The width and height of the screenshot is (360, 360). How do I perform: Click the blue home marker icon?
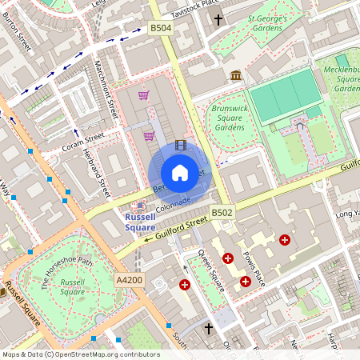coord(180,172)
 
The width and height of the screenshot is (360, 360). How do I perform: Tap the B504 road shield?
coord(161,28)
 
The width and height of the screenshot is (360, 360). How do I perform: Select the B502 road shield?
coord(222,212)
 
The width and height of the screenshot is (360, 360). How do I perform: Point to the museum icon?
coord(236,75)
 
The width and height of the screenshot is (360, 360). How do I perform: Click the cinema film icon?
coord(180,145)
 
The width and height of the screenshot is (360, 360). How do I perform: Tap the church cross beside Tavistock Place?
coord(218,18)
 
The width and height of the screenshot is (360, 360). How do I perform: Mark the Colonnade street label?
coord(171,199)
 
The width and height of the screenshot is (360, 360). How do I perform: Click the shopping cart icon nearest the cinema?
coord(149,135)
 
